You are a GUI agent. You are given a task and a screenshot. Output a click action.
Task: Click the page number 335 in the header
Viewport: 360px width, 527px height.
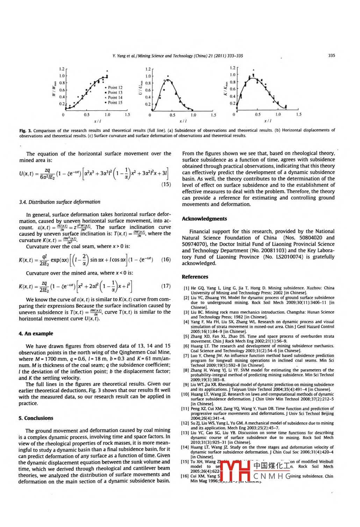(331, 56)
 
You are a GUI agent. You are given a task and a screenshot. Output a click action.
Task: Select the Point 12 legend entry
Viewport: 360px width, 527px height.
(115, 88)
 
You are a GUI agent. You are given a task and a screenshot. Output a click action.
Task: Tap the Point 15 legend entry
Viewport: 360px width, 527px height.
(115, 103)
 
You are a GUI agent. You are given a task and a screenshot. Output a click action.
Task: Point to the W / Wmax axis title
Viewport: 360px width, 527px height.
(53, 89)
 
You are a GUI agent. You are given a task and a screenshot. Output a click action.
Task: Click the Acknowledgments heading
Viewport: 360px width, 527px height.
(204, 219)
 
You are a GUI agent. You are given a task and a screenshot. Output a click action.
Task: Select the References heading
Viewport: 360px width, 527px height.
(195, 277)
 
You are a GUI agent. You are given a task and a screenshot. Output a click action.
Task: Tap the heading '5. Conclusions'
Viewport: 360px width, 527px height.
(36, 418)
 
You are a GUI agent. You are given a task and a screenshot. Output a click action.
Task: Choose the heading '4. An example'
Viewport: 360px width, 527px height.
(36, 334)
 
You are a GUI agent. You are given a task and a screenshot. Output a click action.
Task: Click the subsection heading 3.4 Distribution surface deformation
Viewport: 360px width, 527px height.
(60, 202)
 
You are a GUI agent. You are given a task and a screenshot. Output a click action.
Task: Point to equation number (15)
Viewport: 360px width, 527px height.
(166, 184)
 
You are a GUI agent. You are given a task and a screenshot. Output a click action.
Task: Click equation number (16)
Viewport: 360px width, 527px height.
(166, 260)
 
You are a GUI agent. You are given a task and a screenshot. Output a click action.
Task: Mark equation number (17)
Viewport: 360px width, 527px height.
(166, 286)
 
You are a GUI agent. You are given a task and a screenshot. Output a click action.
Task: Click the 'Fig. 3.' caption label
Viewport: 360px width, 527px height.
(25, 131)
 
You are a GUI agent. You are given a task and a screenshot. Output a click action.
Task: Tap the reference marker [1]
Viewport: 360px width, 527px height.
(186, 289)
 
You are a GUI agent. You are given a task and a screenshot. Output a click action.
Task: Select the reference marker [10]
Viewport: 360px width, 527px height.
(185, 394)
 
